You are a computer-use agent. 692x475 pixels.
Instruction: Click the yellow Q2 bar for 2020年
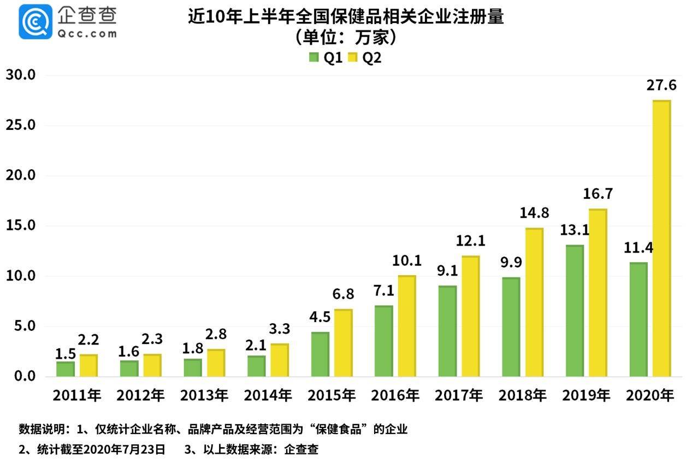[661, 239]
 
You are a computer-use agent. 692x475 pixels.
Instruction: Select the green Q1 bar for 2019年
[575, 311]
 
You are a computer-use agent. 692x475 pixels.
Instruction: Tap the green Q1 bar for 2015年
[320, 354]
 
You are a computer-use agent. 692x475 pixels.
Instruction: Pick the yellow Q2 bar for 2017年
[471, 316]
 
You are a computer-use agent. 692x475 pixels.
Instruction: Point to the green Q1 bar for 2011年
[65, 369]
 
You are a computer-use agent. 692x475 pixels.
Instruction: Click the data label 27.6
[661, 85]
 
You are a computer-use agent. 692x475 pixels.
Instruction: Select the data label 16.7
[598, 194]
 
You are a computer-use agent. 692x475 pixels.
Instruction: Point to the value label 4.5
[320, 318]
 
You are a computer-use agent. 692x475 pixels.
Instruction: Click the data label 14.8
[534, 213]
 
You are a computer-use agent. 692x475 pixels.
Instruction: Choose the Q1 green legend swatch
[314, 57]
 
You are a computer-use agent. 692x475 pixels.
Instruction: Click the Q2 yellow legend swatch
[352, 57]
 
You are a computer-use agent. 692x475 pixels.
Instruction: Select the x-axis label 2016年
[395, 396]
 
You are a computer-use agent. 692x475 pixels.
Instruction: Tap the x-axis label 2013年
[204, 396]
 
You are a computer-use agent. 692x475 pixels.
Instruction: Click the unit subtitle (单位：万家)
[345, 38]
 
